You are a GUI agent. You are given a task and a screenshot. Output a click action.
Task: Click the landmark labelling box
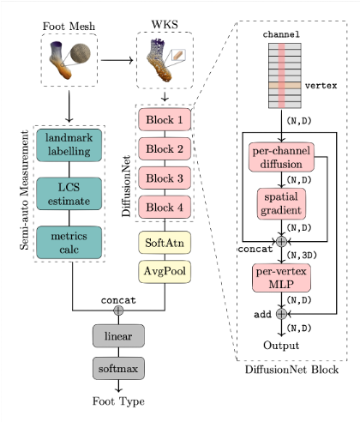click(x=69, y=145)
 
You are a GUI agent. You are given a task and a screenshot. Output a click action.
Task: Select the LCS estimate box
click(x=69, y=194)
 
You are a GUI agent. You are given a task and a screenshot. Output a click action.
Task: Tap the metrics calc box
click(x=69, y=243)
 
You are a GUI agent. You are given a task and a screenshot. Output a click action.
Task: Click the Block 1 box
click(x=165, y=119)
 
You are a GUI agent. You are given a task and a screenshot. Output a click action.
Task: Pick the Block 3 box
click(x=165, y=178)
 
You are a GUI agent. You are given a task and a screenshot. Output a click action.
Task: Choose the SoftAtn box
click(x=165, y=243)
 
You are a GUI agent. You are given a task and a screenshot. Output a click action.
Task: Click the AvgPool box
click(x=165, y=272)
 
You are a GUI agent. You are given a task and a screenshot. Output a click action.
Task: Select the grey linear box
click(x=118, y=336)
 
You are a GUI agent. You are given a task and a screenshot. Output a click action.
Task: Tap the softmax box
click(x=118, y=368)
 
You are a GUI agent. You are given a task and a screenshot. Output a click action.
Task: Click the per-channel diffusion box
click(x=281, y=157)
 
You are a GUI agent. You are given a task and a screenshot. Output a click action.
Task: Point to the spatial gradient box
click(x=281, y=203)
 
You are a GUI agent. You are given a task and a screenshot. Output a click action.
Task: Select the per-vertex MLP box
click(x=281, y=278)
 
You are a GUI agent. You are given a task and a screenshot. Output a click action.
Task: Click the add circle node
click(x=281, y=314)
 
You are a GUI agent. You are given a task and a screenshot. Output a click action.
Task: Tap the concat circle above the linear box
click(x=118, y=310)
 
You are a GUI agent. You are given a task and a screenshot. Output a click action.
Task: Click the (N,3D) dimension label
click(x=302, y=255)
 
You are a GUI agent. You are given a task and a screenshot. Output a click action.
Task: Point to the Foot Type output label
click(x=118, y=401)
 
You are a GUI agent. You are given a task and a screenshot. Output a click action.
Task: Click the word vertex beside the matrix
click(x=321, y=86)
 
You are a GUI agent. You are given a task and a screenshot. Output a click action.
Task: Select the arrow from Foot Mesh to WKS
click(x=117, y=60)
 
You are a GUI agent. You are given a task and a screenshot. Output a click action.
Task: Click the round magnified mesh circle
click(x=81, y=53)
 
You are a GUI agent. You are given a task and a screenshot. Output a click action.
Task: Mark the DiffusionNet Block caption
click(x=291, y=370)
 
